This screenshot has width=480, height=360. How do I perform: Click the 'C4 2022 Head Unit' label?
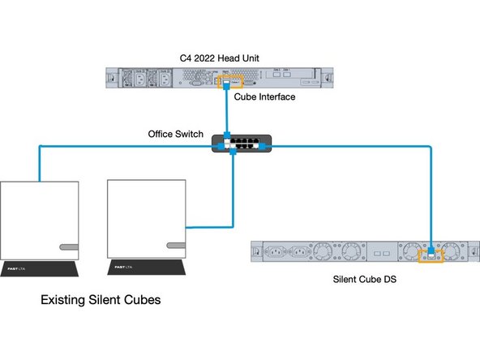click(216, 58)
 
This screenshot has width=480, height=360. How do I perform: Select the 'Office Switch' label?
click(176, 133)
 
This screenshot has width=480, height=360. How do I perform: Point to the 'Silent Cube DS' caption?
click(365, 280)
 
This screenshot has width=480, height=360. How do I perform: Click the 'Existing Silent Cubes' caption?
click(101, 300)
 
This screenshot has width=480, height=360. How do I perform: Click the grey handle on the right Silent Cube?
click(176, 244)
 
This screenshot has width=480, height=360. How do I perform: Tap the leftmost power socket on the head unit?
click(131, 79)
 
